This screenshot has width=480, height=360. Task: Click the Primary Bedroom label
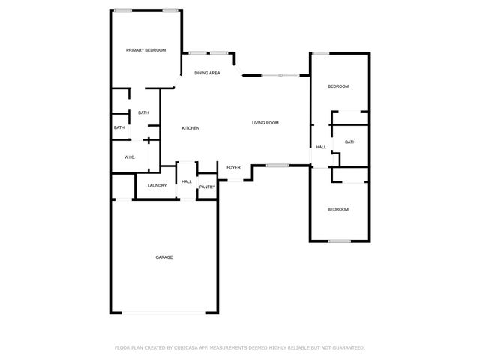tap(145, 50)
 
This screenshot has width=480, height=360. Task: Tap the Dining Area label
tap(207, 73)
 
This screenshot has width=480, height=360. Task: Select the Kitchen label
tap(190, 128)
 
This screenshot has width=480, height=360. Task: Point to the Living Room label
tap(265, 122)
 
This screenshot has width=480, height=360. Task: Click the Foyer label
tap(233, 167)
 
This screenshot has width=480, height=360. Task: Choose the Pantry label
tap(207, 187)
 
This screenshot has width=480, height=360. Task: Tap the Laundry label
tap(157, 185)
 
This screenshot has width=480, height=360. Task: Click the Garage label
tap(164, 257)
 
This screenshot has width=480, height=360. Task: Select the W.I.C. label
tap(129, 157)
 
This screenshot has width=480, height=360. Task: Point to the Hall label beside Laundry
tap(187, 181)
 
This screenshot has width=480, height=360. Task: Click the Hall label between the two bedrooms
tap(321, 147)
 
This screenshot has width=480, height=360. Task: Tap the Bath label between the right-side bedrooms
tap(350, 142)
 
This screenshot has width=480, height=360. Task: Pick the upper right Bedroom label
tap(338, 86)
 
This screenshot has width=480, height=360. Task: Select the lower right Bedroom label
tap(338, 209)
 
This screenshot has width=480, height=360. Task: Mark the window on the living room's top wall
tap(280, 75)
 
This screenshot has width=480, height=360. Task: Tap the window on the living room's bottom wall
tap(277, 165)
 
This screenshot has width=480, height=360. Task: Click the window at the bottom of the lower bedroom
tap(340, 241)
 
